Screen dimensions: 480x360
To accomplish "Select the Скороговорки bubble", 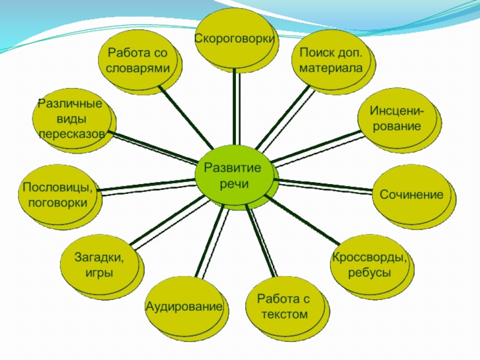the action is (235, 38).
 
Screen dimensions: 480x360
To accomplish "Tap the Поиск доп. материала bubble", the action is (331, 60).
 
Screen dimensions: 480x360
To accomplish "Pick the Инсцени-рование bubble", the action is (395, 119).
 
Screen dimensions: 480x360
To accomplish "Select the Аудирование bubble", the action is (184, 307).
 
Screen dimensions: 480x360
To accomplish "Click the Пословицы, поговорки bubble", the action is (58, 195).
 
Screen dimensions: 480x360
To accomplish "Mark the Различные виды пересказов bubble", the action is (71, 119).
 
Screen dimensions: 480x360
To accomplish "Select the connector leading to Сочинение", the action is (327, 185).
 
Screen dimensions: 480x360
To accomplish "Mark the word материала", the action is (331, 67).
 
